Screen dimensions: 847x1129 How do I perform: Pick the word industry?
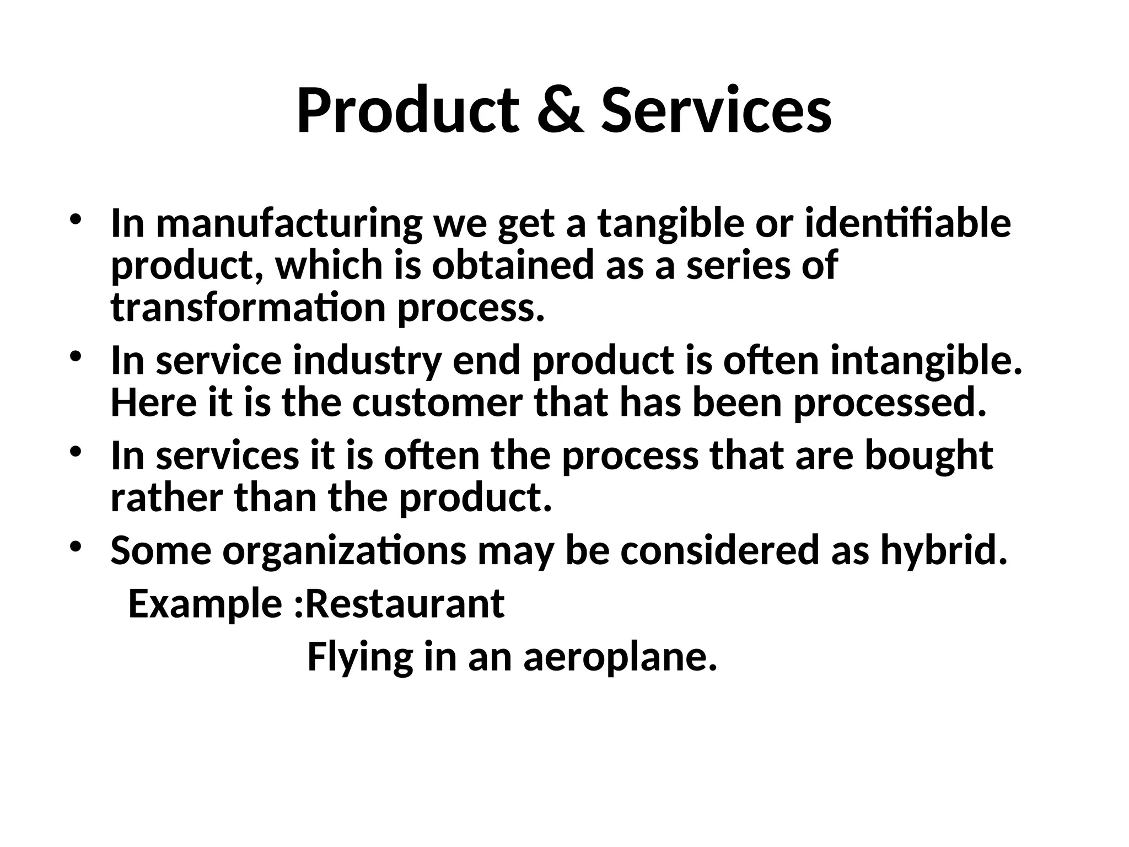coord(367,361)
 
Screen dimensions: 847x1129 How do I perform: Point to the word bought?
coord(928,456)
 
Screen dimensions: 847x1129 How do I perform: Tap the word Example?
coord(206,604)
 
